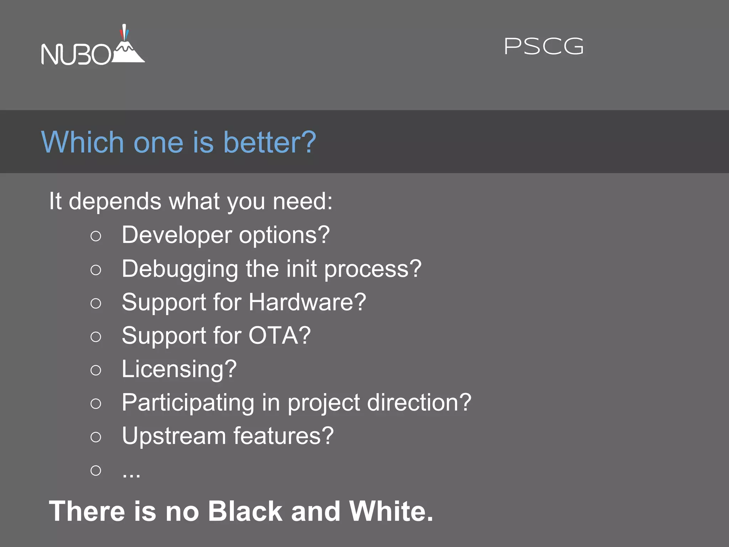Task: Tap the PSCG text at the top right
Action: pyautogui.click(x=544, y=47)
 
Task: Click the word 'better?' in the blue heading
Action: pyautogui.click(x=269, y=142)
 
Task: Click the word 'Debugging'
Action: pyautogui.click(x=180, y=269)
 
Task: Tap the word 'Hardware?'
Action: pyautogui.click(x=307, y=302)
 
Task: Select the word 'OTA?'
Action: pyautogui.click(x=279, y=335)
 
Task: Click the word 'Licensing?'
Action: pyautogui.click(x=179, y=369)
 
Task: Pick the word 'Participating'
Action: pyautogui.click(x=188, y=403)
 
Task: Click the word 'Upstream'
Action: pyautogui.click(x=174, y=436)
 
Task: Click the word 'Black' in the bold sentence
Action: pyautogui.click(x=245, y=511)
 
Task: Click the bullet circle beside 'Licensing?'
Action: pyautogui.click(x=96, y=370)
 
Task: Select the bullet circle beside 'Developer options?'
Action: pyautogui.click(x=96, y=236)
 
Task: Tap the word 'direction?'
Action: pyautogui.click(x=419, y=403)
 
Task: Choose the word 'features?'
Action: pyautogui.click(x=283, y=436)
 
